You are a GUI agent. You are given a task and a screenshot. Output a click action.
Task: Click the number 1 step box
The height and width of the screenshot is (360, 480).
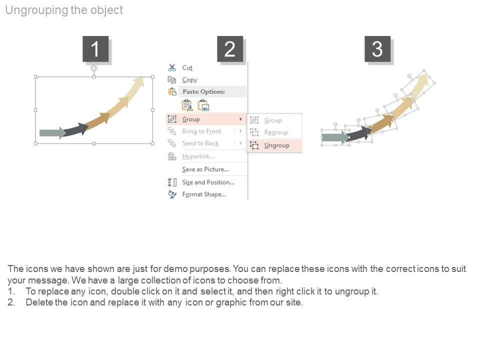(95, 48)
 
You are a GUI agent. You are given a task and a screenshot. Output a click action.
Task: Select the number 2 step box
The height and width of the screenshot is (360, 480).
(230, 48)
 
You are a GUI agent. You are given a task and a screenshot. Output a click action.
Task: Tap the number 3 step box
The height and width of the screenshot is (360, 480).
(377, 48)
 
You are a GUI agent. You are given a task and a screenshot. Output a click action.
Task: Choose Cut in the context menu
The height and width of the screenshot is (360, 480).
(187, 67)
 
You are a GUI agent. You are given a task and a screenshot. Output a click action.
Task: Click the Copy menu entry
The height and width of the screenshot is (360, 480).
(190, 80)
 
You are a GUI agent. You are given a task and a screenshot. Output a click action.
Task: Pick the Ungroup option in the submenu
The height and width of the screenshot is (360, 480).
(276, 145)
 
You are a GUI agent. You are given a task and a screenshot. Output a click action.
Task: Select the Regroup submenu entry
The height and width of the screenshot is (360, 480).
(276, 132)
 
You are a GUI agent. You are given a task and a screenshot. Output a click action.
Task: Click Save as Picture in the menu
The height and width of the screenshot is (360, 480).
(205, 169)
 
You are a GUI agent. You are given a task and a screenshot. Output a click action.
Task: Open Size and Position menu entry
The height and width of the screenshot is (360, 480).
(208, 182)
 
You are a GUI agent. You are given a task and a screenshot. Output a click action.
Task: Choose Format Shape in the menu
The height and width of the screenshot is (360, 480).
(204, 194)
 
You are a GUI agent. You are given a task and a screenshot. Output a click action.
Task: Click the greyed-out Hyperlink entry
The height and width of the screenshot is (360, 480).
(198, 156)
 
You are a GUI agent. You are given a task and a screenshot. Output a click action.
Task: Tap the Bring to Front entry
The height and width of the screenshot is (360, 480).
(201, 131)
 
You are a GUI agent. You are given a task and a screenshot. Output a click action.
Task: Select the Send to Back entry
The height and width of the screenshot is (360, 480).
(200, 143)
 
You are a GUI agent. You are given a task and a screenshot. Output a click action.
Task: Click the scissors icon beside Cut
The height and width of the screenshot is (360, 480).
(172, 67)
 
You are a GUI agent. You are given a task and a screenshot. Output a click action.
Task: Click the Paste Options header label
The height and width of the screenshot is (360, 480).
(204, 91)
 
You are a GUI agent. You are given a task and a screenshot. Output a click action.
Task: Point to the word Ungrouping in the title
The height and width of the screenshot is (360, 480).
(36, 10)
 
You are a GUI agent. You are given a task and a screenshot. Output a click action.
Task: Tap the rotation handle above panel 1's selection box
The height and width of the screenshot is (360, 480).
(94, 68)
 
